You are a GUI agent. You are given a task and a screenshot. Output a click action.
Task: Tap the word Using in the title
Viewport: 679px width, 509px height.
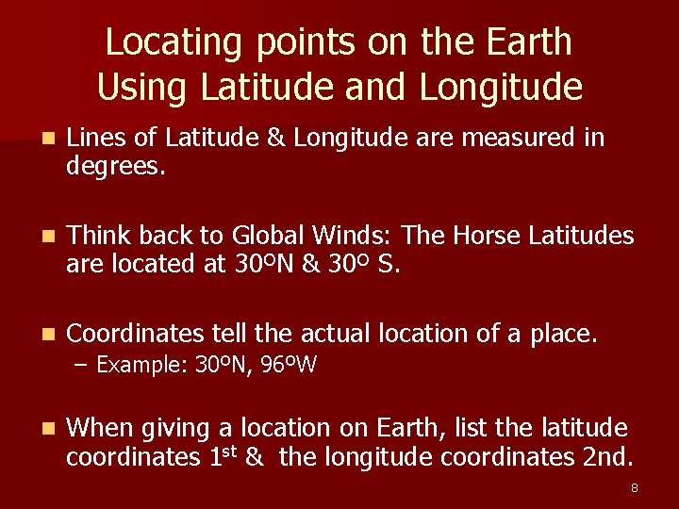tap(132, 88)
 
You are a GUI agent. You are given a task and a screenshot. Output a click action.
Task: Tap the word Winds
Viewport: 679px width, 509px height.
tap(362, 234)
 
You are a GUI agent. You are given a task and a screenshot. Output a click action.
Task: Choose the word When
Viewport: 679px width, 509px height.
tap(101, 428)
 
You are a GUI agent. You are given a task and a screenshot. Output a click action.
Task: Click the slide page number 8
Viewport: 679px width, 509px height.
tap(635, 487)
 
